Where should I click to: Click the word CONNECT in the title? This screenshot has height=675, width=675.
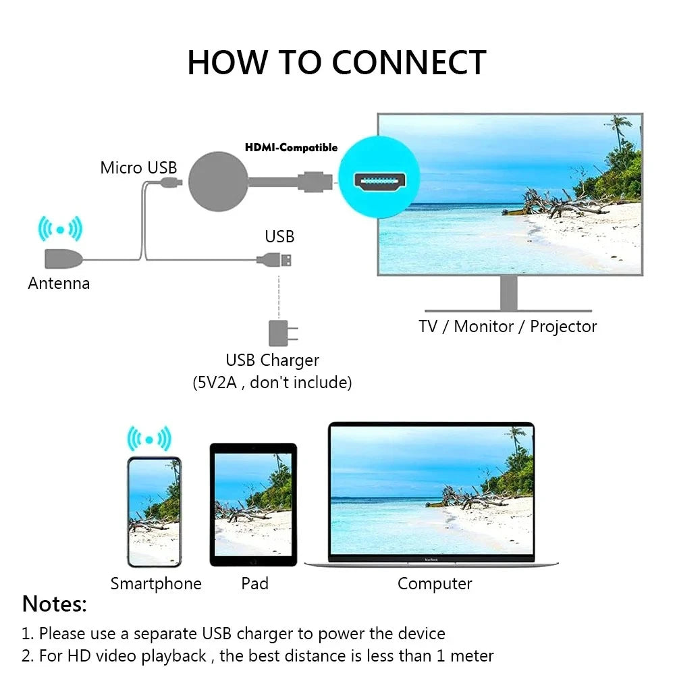(408, 63)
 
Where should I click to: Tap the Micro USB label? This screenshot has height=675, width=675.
(138, 168)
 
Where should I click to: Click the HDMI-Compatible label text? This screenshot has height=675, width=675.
(291, 148)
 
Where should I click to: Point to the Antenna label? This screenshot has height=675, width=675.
(59, 283)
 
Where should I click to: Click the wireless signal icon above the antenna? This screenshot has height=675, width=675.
(60, 230)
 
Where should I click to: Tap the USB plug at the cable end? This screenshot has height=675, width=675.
(277, 259)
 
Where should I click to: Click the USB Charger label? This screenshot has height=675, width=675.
(272, 360)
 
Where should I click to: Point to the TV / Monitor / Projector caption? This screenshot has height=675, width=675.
(508, 327)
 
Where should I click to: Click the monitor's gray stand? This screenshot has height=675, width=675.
(509, 294)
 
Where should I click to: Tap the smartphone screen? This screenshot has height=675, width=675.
(155, 511)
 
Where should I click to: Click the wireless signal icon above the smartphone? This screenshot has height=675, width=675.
(149, 440)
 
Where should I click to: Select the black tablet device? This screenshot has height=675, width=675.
(253, 504)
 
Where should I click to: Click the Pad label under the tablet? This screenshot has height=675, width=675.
(255, 583)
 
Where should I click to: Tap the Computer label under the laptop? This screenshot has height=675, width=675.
(435, 583)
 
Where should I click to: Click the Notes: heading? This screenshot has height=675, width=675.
(55, 604)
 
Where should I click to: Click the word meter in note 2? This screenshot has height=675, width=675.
(470, 655)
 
